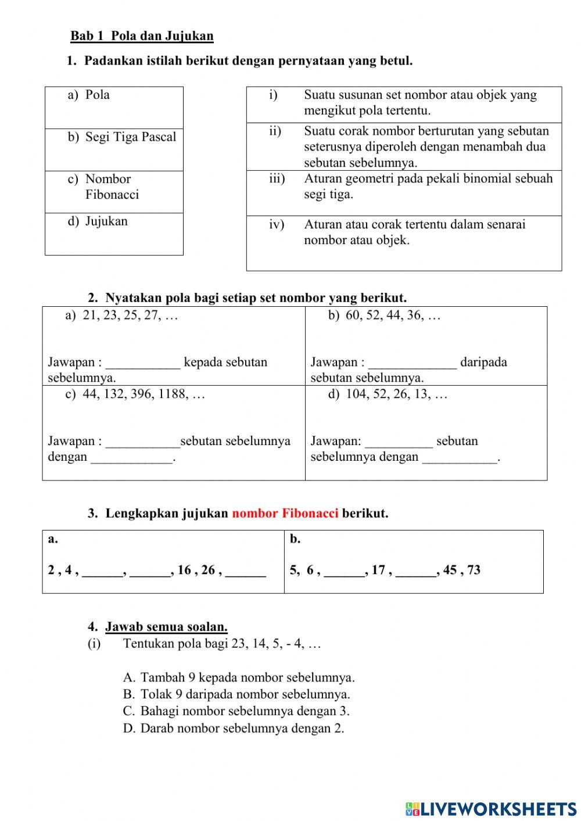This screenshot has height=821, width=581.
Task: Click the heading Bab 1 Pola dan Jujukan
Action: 142,36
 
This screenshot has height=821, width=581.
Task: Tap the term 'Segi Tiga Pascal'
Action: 130,137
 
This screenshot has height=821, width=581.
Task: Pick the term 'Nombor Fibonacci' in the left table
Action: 112,187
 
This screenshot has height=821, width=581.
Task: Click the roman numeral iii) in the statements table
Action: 277,179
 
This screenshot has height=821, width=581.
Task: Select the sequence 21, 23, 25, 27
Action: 130,316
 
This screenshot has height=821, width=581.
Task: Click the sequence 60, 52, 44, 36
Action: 393,316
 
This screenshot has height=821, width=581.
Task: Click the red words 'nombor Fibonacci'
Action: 285,514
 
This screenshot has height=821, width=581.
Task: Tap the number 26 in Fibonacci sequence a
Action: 208,570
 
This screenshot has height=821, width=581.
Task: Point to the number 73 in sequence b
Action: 474,570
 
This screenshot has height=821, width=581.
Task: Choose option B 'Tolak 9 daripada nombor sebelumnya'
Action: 245,694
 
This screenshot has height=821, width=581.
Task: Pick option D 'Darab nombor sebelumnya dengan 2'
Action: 242,729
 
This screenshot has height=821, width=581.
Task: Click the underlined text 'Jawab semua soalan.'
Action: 166,627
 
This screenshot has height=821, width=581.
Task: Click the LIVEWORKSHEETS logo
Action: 491,808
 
